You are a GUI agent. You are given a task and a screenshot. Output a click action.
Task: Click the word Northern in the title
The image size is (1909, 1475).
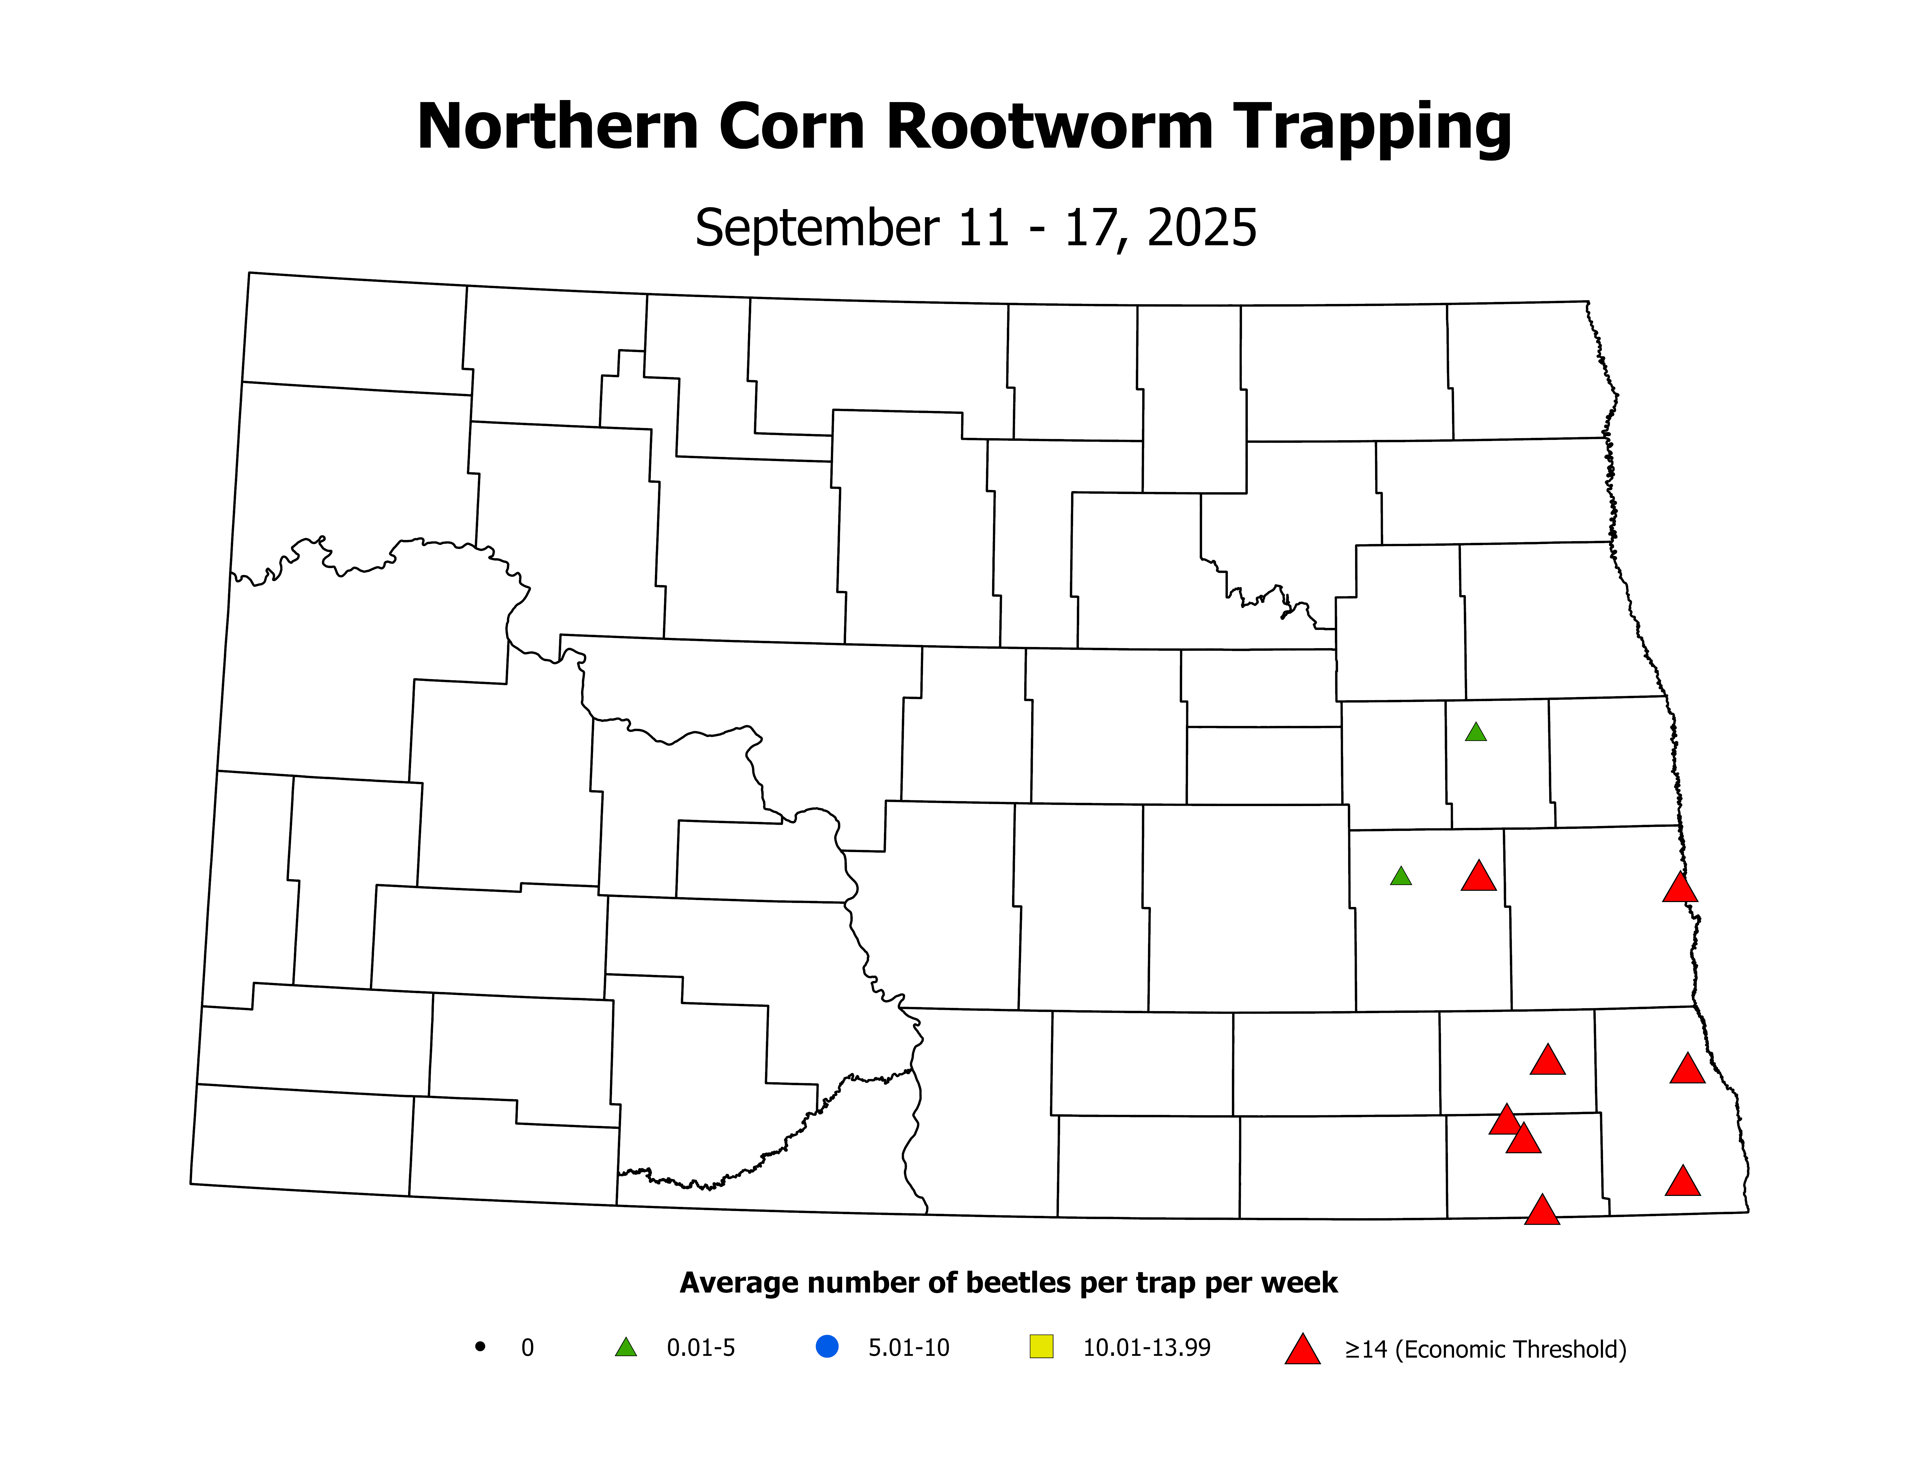click(x=558, y=128)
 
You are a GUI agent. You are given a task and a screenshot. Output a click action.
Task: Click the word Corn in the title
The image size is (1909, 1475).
click(x=792, y=128)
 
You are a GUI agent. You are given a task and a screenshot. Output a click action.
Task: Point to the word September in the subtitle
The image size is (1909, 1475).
click(x=817, y=229)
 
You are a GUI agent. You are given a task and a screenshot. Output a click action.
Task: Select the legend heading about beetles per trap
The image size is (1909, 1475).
click(x=1008, y=1283)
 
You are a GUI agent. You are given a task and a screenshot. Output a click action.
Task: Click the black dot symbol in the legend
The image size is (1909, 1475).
click(x=480, y=1347)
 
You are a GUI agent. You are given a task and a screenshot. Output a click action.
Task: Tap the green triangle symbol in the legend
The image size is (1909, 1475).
click(x=626, y=1347)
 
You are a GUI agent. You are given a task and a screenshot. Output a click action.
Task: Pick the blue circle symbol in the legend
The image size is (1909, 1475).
click(x=827, y=1347)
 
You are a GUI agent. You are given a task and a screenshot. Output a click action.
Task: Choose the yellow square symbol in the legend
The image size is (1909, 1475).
click(x=1042, y=1347)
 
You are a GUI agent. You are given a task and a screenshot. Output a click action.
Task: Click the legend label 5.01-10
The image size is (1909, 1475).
click(x=908, y=1347)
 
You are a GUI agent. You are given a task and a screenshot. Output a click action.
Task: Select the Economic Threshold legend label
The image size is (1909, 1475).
click(x=1485, y=1349)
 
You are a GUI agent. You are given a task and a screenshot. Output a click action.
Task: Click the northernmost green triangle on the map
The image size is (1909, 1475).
click(x=1475, y=732)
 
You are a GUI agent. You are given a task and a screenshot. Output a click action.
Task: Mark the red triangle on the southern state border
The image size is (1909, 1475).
click(x=1542, y=1211)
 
